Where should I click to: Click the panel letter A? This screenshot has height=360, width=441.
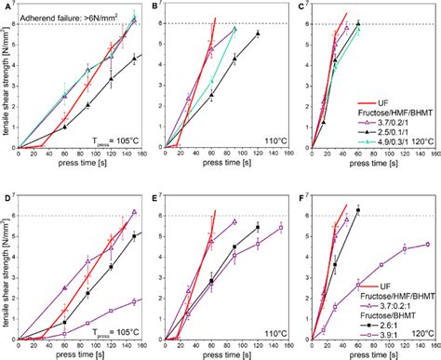coord(7,7)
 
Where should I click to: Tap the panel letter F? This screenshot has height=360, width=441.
coord(301,199)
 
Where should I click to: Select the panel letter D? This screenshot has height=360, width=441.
coord(7,199)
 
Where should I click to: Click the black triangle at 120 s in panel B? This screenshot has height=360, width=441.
coord(258,33)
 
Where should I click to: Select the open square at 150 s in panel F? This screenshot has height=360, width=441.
coord(426,244)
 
